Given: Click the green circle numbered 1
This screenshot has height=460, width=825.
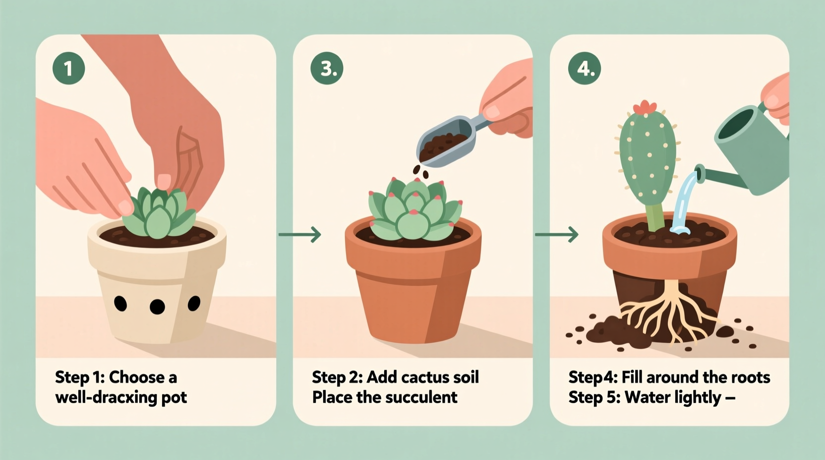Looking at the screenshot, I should pyautogui.click(x=68, y=68).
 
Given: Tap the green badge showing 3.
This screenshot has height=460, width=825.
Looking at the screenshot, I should pyautogui.click(x=327, y=68).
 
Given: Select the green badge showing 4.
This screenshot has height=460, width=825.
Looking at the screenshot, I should pyautogui.click(x=585, y=68).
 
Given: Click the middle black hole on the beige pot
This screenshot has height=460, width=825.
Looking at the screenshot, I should pyautogui.click(x=157, y=306).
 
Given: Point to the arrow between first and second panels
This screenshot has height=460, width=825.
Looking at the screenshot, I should pyautogui.click(x=300, y=234).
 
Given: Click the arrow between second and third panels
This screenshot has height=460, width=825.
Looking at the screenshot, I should pyautogui.click(x=557, y=234).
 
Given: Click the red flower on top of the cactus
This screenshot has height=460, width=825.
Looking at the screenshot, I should pyautogui.click(x=645, y=107).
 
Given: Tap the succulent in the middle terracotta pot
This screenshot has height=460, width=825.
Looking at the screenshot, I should pyautogui.click(x=414, y=211).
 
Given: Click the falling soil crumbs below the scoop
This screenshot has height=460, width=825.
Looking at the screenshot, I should pyautogui.click(x=421, y=172).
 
